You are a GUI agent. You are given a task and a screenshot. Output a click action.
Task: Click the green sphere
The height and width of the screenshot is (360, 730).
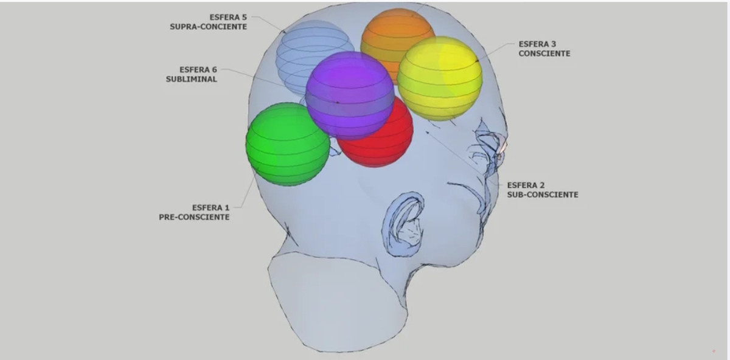point(287,145)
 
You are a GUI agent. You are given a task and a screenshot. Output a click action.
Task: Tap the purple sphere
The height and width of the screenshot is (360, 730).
point(349,94)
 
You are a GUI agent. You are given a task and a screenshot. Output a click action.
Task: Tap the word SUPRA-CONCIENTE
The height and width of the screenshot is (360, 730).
point(209,27)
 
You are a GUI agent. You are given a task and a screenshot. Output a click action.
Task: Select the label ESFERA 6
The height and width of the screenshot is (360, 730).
point(198,69)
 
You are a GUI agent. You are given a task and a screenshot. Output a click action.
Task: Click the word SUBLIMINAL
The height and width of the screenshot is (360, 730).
point(191,79)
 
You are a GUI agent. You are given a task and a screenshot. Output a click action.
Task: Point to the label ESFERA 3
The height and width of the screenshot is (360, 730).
point(537,44)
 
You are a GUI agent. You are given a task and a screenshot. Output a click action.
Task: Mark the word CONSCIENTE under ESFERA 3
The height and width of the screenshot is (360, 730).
point(544,54)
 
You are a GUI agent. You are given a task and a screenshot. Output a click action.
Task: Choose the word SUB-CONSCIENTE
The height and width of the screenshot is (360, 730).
point(543,195)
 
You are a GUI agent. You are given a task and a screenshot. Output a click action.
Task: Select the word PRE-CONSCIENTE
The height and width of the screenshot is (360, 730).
point(194,217)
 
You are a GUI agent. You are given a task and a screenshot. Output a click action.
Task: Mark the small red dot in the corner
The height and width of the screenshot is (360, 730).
point(714,350)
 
